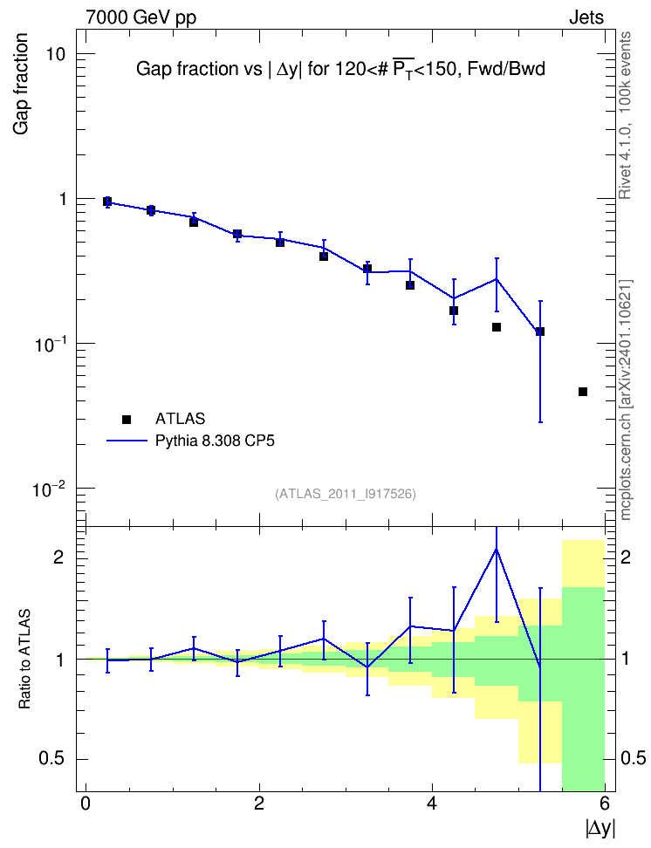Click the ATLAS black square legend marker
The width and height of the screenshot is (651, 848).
(x=127, y=419)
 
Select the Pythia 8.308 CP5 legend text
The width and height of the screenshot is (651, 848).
(x=215, y=441)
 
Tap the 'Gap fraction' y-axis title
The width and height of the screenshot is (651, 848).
(x=21, y=84)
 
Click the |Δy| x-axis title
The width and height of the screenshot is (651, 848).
(x=600, y=828)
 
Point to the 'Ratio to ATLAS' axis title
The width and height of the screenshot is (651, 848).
(x=24, y=660)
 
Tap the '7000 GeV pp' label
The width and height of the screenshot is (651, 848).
(x=140, y=17)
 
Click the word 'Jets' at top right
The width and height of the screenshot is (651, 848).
(x=586, y=17)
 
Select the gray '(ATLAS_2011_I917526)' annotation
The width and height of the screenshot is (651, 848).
(x=346, y=494)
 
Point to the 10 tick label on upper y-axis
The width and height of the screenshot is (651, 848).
(x=55, y=54)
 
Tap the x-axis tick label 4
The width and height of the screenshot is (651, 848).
(x=432, y=804)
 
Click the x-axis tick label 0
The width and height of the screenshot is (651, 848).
(x=86, y=804)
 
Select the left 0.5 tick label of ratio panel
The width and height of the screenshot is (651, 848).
(x=51, y=759)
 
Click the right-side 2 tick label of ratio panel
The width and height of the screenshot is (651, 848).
(x=626, y=557)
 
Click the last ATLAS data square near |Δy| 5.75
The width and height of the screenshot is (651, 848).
(x=583, y=392)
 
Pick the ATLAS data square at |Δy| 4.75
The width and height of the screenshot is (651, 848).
(x=497, y=327)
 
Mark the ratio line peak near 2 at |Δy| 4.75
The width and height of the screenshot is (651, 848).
(x=497, y=550)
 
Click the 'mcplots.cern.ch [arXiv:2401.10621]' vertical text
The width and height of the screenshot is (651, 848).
(x=626, y=400)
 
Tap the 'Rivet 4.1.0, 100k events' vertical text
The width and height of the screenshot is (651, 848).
(x=625, y=115)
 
